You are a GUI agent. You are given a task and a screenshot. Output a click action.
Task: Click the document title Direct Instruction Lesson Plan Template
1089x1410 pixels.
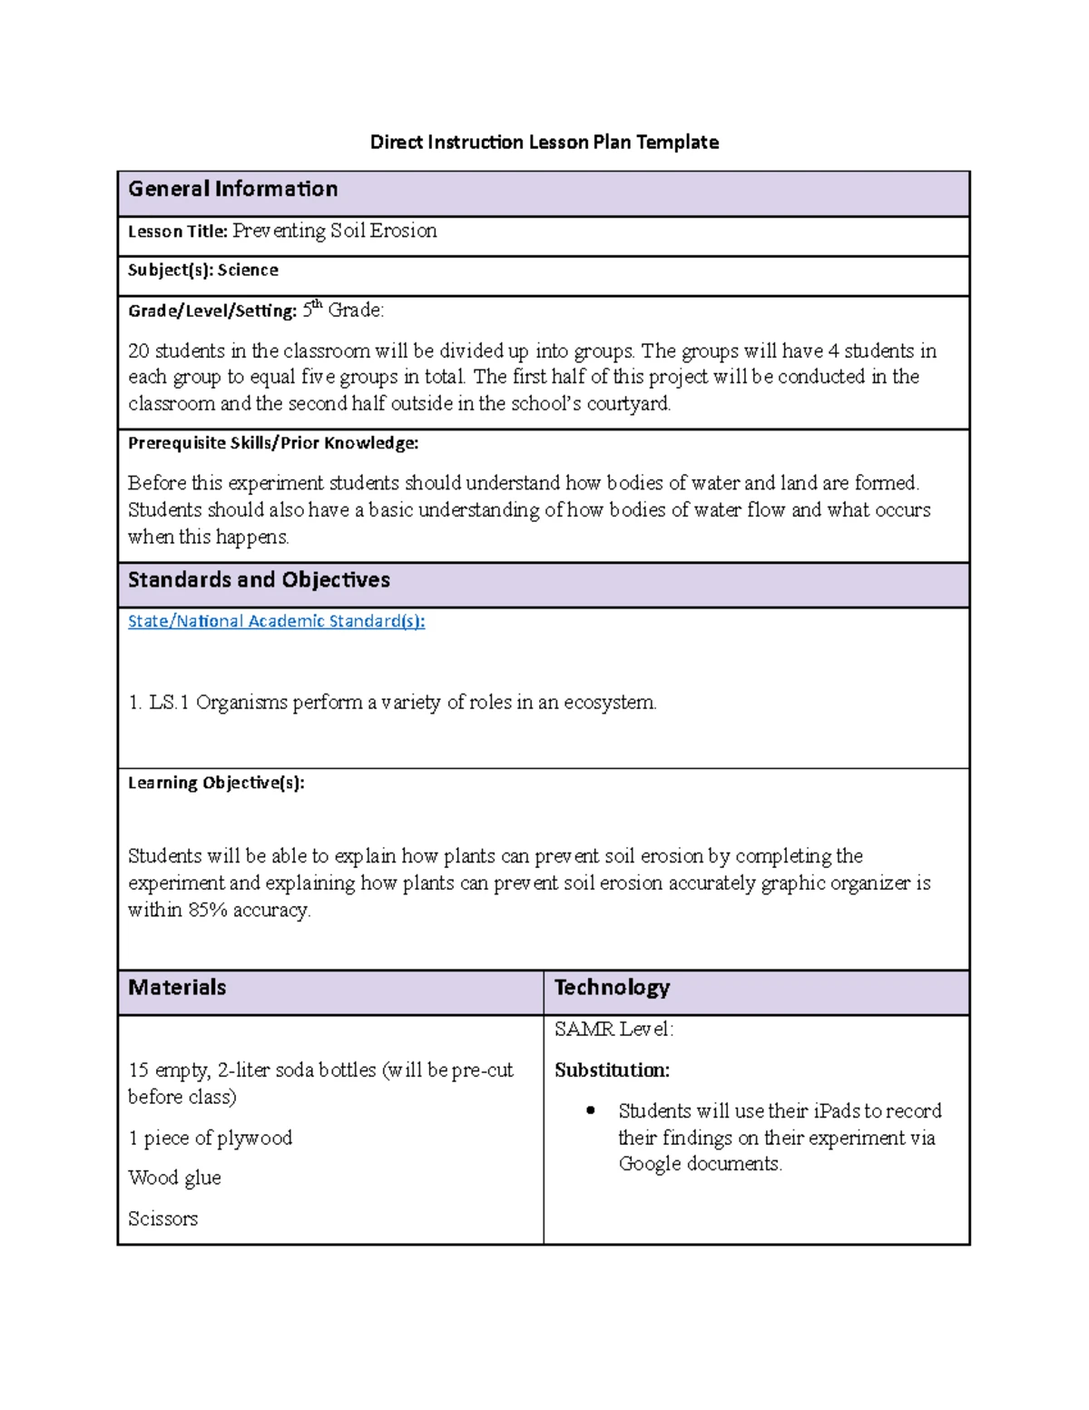(x=544, y=142)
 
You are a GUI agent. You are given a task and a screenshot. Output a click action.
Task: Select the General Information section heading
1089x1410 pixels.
(x=232, y=189)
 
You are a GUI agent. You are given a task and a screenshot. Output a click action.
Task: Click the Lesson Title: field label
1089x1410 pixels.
(x=177, y=232)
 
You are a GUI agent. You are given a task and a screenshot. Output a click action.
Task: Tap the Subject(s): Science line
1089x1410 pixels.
(x=202, y=270)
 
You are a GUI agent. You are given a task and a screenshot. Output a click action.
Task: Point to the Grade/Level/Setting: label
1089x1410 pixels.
(x=211, y=311)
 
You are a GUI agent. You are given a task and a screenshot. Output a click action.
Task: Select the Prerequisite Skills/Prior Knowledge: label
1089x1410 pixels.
(x=272, y=443)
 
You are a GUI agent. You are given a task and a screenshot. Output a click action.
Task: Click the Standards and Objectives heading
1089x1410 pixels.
(x=259, y=580)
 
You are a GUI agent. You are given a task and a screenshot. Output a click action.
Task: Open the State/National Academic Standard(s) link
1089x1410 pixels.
(x=276, y=621)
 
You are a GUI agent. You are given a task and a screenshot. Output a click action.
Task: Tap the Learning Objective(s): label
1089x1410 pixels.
(x=216, y=783)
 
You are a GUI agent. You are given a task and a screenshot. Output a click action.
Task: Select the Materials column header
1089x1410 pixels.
(x=177, y=988)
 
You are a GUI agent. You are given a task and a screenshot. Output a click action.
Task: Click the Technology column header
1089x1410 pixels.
(x=612, y=988)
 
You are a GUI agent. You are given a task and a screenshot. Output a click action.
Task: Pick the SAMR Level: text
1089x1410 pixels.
(x=613, y=1029)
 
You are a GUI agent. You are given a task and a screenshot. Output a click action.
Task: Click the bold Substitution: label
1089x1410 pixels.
(x=612, y=1070)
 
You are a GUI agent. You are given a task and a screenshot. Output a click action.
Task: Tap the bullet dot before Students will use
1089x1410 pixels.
(x=592, y=1110)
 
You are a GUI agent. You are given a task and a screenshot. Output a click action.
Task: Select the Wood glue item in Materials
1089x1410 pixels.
(x=174, y=1178)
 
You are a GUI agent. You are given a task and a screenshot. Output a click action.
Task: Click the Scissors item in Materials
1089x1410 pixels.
(x=162, y=1218)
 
